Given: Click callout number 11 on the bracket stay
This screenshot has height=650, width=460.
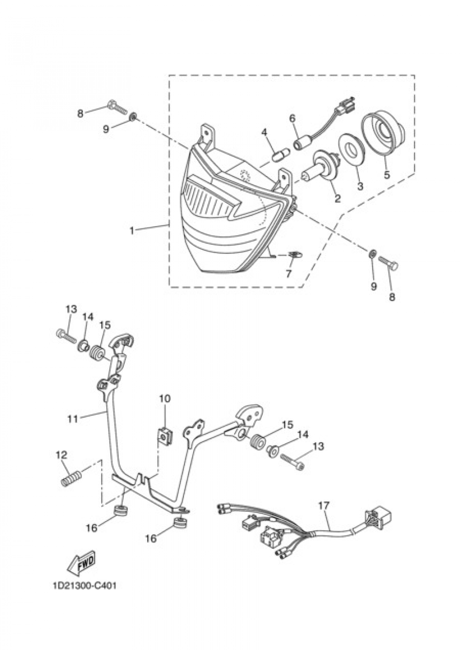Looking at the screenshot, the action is pyautogui.click(x=73, y=419).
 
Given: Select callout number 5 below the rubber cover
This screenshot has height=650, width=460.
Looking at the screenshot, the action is pyautogui.click(x=387, y=175).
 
